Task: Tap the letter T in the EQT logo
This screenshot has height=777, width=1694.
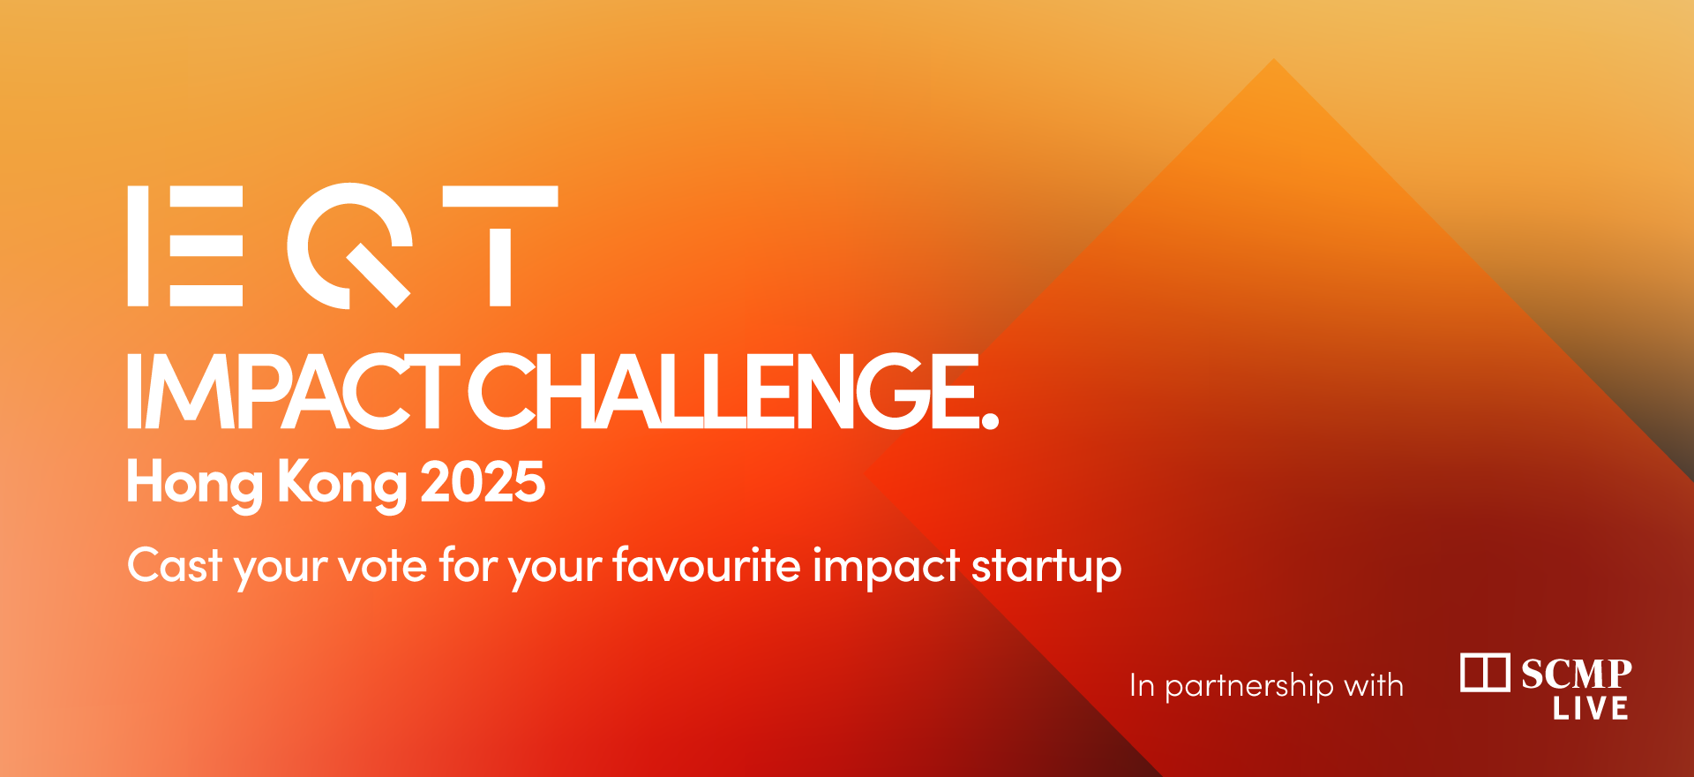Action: coord(500,245)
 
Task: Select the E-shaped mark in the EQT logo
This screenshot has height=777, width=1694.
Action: coord(185,245)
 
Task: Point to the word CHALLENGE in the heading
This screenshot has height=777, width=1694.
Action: coord(723,391)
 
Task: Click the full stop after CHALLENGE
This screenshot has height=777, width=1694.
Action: coord(990,420)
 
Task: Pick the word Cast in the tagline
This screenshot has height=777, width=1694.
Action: coord(175,565)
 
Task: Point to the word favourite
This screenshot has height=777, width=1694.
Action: coord(707,565)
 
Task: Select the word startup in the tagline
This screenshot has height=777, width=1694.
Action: coord(1046,568)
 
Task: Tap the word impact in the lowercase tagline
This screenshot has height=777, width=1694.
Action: coord(886,568)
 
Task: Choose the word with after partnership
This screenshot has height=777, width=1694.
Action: coord(1374,685)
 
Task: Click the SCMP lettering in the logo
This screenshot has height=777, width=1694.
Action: coord(1577,675)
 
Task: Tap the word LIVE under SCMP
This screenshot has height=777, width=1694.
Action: coord(1591,708)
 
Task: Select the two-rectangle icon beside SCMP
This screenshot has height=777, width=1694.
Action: coord(1485,673)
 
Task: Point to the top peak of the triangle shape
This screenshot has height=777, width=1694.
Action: coord(1274,59)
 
